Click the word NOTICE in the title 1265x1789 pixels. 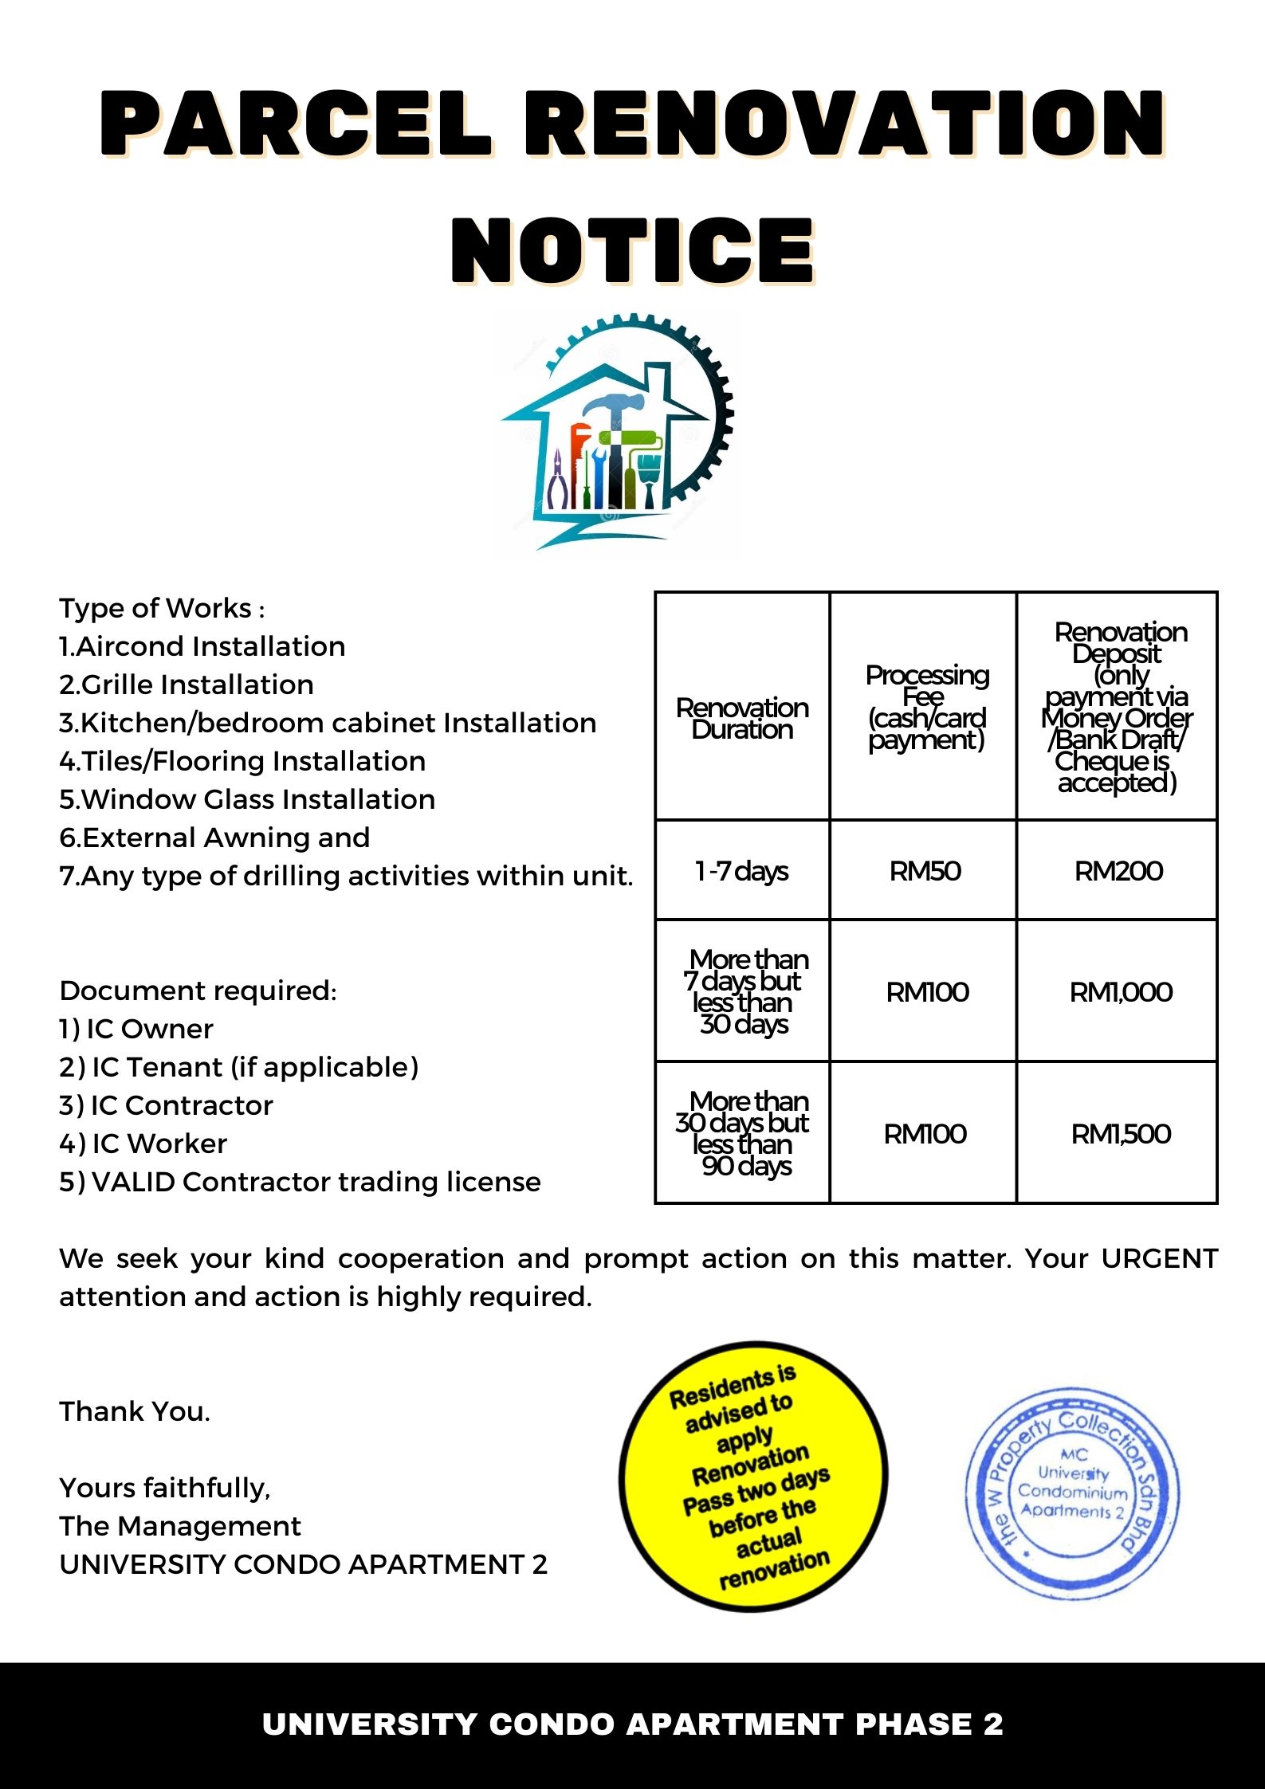coord(632,250)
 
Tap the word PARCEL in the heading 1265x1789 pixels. coord(296,124)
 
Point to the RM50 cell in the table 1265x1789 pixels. coord(925,870)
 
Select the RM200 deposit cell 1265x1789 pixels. coord(1118,870)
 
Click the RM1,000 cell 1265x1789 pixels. coord(1120,991)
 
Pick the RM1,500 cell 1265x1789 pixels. coord(1120,1133)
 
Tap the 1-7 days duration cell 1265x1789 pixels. coord(741,870)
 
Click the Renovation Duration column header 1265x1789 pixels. coord(742,718)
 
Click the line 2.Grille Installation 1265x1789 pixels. coord(187,685)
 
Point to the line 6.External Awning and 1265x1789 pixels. coord(214,838)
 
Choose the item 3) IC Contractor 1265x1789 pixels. coord(166,1105)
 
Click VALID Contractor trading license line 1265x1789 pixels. coord(300,1182)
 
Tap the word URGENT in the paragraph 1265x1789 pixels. coord(1159,1258)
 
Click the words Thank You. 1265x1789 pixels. coord(135,1411)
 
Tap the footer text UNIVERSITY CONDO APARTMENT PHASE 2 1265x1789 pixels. coord(632,1724)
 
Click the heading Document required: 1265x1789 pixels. coord(198,991)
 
